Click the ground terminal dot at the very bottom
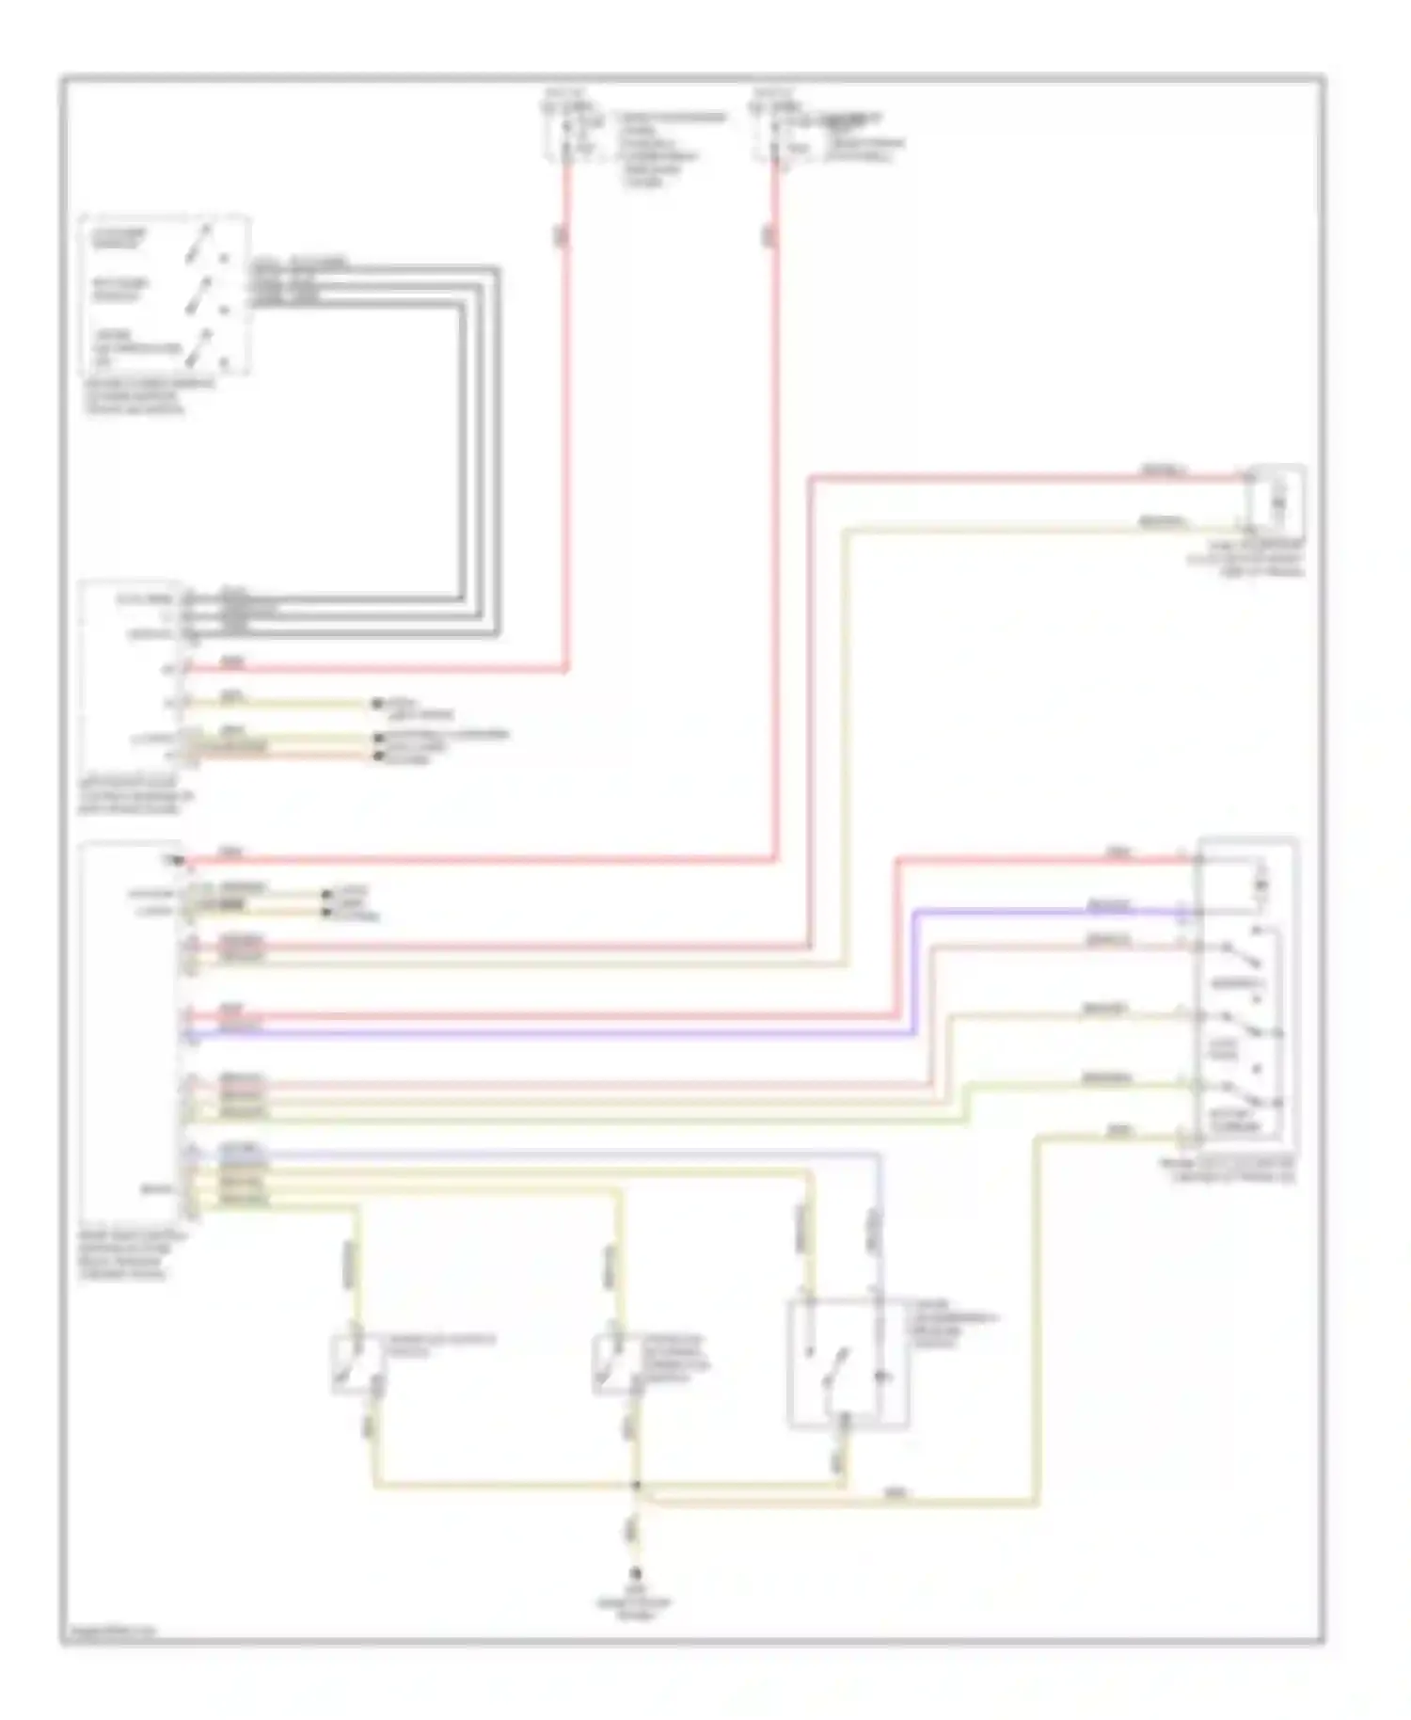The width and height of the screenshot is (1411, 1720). [637, 1572]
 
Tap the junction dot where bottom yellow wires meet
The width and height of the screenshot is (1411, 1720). [637, 1485]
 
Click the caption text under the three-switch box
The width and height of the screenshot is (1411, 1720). [151, 396]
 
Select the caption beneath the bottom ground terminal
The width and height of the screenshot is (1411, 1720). [637, 1603]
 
